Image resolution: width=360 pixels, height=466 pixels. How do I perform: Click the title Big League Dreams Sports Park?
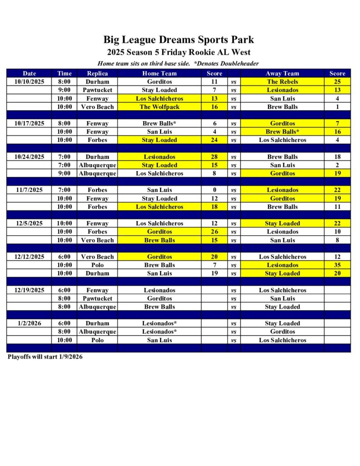click(x=178, y=40)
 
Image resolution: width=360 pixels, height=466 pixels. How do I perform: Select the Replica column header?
click(x=97, y=73)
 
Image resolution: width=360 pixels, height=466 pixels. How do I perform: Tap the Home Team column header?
click(x=159, y=73)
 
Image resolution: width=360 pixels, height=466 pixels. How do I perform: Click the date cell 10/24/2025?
click(x=29, y=157)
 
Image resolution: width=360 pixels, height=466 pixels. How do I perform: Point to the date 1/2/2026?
click(x=29, y=324)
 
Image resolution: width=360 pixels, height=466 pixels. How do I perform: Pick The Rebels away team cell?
click(x=282, y=82)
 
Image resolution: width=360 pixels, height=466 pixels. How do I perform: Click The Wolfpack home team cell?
click(x=159, y=107)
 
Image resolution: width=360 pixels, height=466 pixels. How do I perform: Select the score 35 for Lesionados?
click(x=337, y=265)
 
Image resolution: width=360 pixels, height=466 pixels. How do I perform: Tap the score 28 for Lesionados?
click(x=214, y=157)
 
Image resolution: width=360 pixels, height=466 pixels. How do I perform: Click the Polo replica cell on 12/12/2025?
click(x=97, y=265)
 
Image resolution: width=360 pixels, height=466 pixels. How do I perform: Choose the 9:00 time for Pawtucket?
click(x=64, y=90)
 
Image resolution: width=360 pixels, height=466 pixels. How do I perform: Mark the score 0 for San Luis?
click(x=214, y=190)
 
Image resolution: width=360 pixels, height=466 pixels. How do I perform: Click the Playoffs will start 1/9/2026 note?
click(x=45, y=357)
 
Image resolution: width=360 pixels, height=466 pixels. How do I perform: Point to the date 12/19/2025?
click(x=29, y=290)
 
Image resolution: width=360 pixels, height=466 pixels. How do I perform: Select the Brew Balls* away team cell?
click(x=282, y=132)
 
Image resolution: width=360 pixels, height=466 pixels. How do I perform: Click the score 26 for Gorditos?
click(x=214, y=232)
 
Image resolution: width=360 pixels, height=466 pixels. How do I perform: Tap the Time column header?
click(x=64, y=73)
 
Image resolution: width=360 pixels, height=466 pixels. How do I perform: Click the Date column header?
click(x=29, y=73)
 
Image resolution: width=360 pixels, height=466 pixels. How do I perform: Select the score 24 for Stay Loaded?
click(x=214, y=140)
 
